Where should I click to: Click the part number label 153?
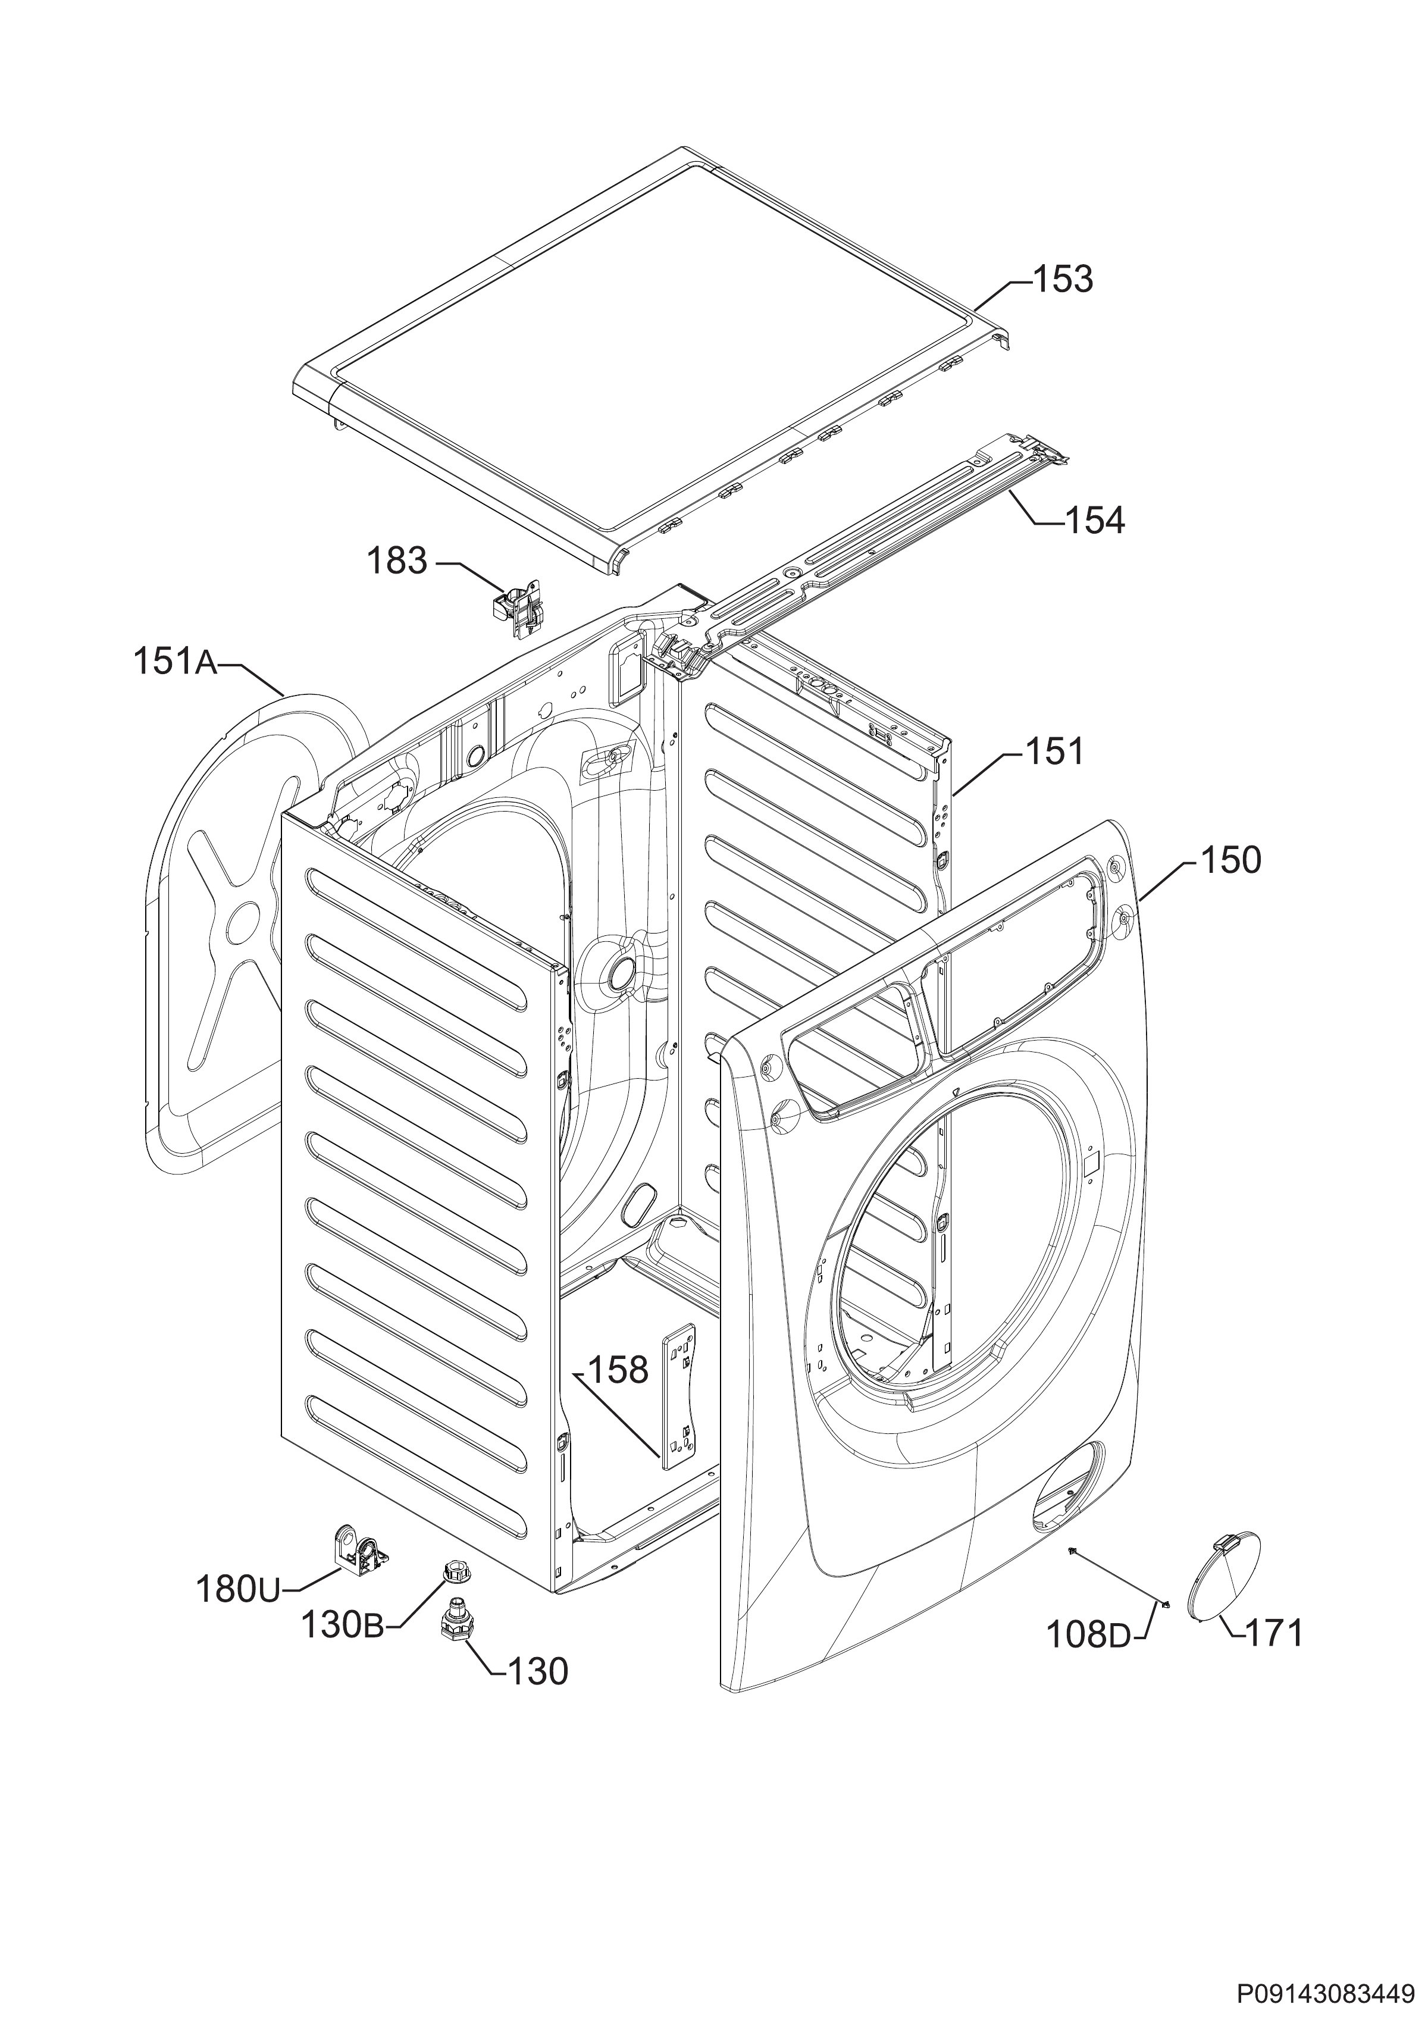point(1062,279)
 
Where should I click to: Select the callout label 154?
point(1095,521)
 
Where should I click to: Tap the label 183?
point(397,560)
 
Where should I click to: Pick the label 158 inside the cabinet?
point(618,1370)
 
